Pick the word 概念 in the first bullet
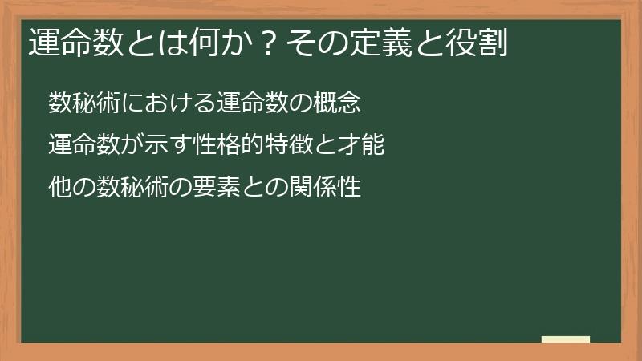coord(344,103)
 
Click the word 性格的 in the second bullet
coord(241,145)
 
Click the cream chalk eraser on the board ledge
coord(566,339)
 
